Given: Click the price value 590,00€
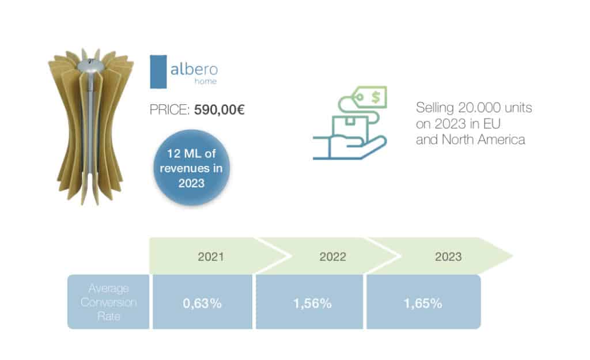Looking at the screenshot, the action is [x=220, y=110].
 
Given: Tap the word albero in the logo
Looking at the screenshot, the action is [x=194, y=69].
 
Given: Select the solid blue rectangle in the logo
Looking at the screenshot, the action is [x=158, y=72].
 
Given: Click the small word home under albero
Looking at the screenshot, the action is [x=206, y=81].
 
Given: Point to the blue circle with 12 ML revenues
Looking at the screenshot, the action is [x=191, y=168].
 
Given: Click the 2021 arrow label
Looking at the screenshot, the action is [x=211, y=257].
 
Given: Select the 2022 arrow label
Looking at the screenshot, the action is [x=332, y=257].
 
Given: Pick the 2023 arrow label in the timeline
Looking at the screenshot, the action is [x=448, y=257].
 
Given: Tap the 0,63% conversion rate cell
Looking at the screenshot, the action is [x=202, y=302].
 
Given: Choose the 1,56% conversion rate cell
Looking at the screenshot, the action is [x=309, y=302].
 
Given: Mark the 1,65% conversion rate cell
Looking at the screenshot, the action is [x=423, y=302].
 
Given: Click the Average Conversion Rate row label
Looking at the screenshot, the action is [x=108, y=302].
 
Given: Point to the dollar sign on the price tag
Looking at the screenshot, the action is [x=376, y=97].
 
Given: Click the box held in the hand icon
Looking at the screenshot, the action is [x=350, y=127].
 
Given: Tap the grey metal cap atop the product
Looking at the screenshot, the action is [x=90, y=67].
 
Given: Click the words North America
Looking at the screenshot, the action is [x=483, y=139].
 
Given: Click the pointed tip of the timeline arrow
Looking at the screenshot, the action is [x=512, y=256].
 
